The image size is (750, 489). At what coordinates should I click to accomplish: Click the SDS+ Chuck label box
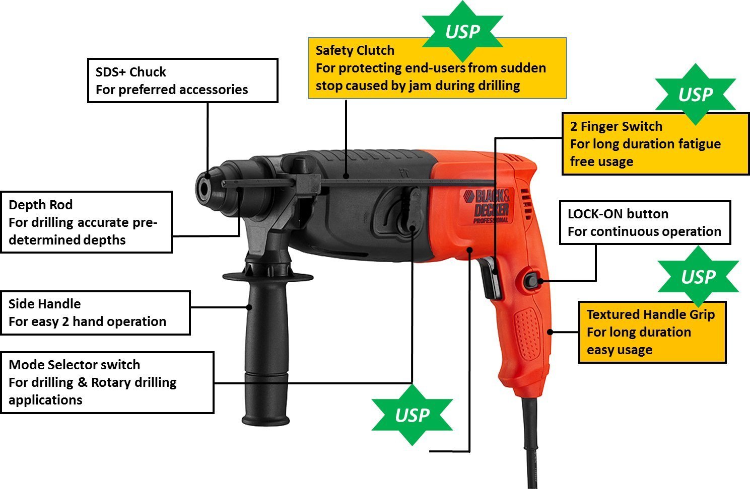(x=182, y=80)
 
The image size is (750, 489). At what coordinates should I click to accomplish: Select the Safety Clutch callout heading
(x=355, y=50)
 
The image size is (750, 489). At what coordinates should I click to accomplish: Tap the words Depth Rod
(x=40, y=205)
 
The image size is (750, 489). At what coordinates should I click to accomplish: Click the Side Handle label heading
(x=44, y=304)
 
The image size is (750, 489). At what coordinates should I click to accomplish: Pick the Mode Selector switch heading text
(x=74, y=365)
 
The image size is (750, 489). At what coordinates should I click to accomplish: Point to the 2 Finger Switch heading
(x=616, y=126)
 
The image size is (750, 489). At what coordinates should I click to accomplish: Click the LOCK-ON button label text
(x=618, y=214)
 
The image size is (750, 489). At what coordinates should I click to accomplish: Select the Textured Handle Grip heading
(x=650, y=314)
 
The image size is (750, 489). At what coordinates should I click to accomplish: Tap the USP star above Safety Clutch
(x=462, y=32)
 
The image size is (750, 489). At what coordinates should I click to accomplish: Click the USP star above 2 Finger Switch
(x=695, y=95)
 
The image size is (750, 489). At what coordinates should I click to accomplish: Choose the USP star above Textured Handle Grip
(x=698, y=277)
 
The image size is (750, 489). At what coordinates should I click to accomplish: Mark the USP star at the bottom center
(x=412, y=415)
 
